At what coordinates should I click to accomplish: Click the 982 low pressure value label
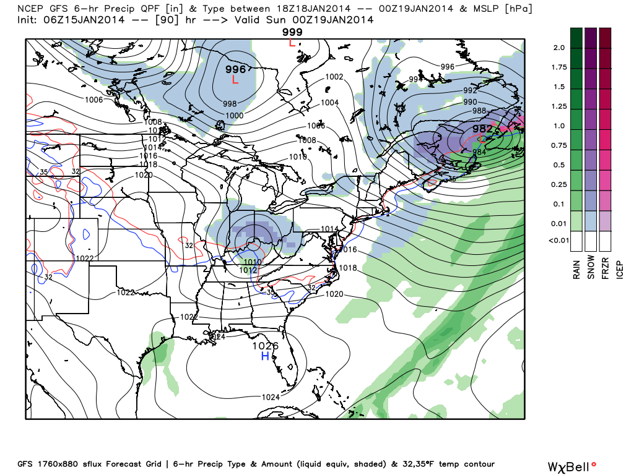click(482, 128)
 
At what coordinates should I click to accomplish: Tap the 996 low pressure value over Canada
click(236, 69)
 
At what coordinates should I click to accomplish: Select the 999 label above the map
click(292, 32)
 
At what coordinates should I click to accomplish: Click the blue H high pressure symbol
click(265, 357)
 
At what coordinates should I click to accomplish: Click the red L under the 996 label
click(235, 80)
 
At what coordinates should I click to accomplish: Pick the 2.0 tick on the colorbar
click(560, 48)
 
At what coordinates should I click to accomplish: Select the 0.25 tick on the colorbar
click(559, 184)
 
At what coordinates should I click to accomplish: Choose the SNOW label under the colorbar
click(591, 267)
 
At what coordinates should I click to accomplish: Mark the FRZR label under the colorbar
click(606, 267)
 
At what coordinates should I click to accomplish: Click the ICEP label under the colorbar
click(620, 267)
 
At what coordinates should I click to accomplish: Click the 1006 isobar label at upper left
click(93, 100)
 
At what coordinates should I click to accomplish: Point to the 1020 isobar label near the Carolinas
click(334, 294)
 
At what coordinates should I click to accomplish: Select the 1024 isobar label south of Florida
click(270, 397)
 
